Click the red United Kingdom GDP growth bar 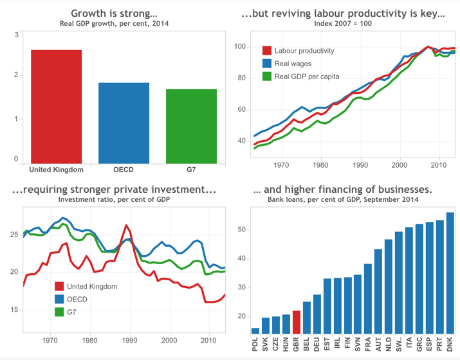[x=56, y=107]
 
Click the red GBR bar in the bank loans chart [x=297, y=323]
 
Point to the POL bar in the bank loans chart [x=255, y=331]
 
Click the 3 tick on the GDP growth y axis [x=16, y=35]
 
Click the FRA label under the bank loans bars [x=368, y=344]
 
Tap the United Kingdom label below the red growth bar [x=57, y=170]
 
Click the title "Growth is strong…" [x=114, y=14]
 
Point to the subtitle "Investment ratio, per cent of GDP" [x=114, y=200]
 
